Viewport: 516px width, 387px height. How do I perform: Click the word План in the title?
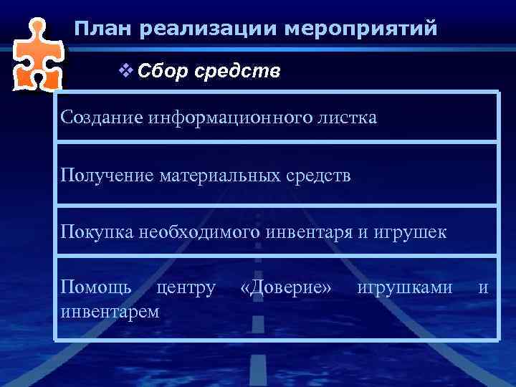tap(103, 29)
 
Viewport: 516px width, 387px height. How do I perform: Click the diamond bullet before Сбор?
tap(124, 72)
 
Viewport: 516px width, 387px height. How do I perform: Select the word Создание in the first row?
tap(102, 117)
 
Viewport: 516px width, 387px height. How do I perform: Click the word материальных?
tap(226, 176)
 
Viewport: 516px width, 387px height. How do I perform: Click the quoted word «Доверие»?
tap(287, 288)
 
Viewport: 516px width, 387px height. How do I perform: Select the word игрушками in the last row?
tap(405, 288)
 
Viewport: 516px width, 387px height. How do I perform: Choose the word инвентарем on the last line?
tap(110, 312)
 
